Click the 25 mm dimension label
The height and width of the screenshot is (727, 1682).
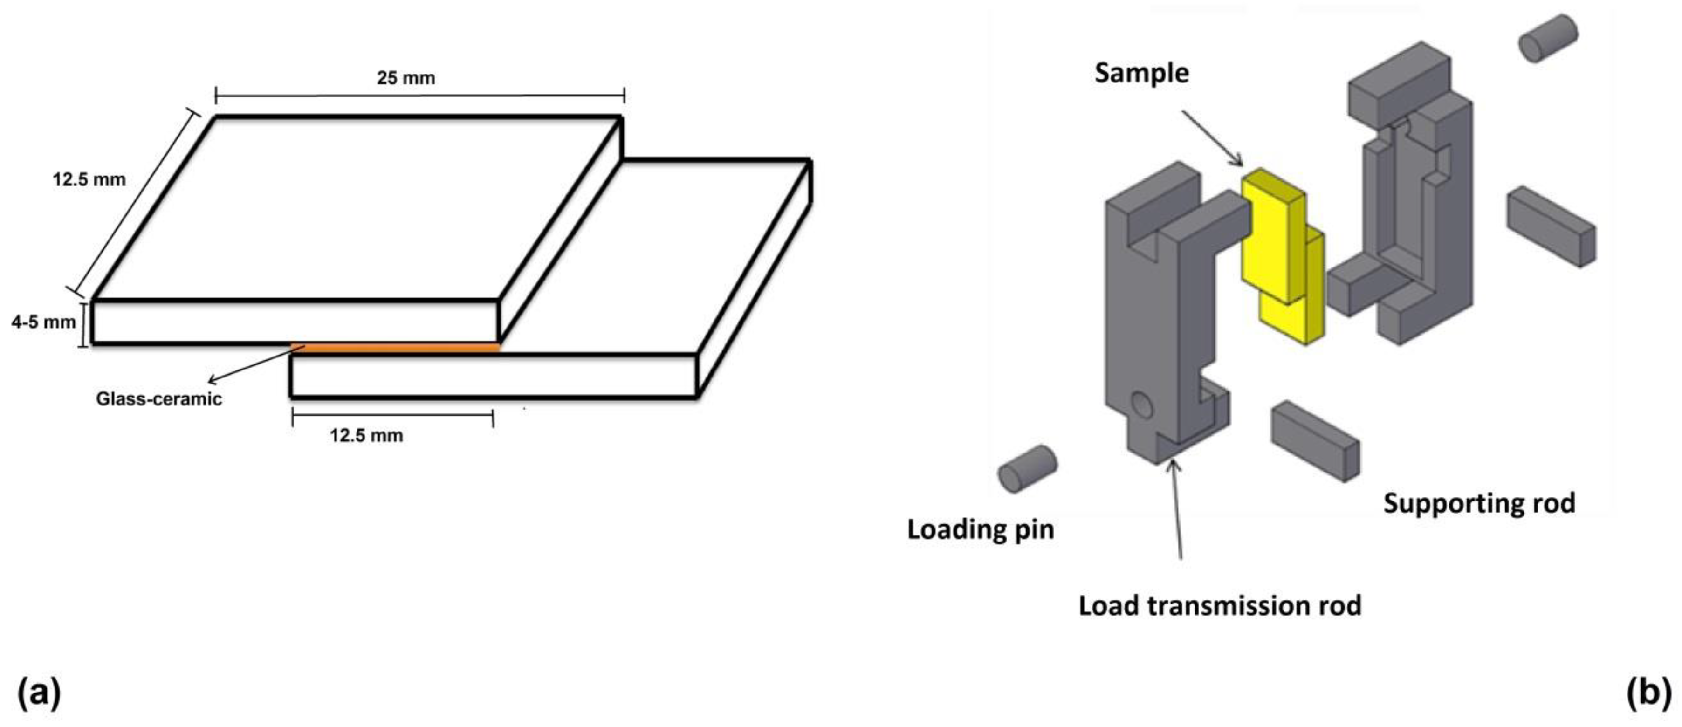click(x=405, y=78)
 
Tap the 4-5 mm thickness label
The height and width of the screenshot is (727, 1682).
click(x=43, y=322)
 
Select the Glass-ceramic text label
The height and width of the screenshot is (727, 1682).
click(x=158, y=399)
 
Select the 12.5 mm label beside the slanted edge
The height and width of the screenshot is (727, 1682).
click(x=89, y=179)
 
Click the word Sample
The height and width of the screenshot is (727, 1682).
click(x=1141, y=73)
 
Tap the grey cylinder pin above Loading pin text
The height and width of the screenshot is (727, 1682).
click(x=1027, y=469)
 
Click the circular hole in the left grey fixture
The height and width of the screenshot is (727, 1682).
click(x=1142, y=405)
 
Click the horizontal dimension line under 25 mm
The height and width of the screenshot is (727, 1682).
click(x=420, y=96)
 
